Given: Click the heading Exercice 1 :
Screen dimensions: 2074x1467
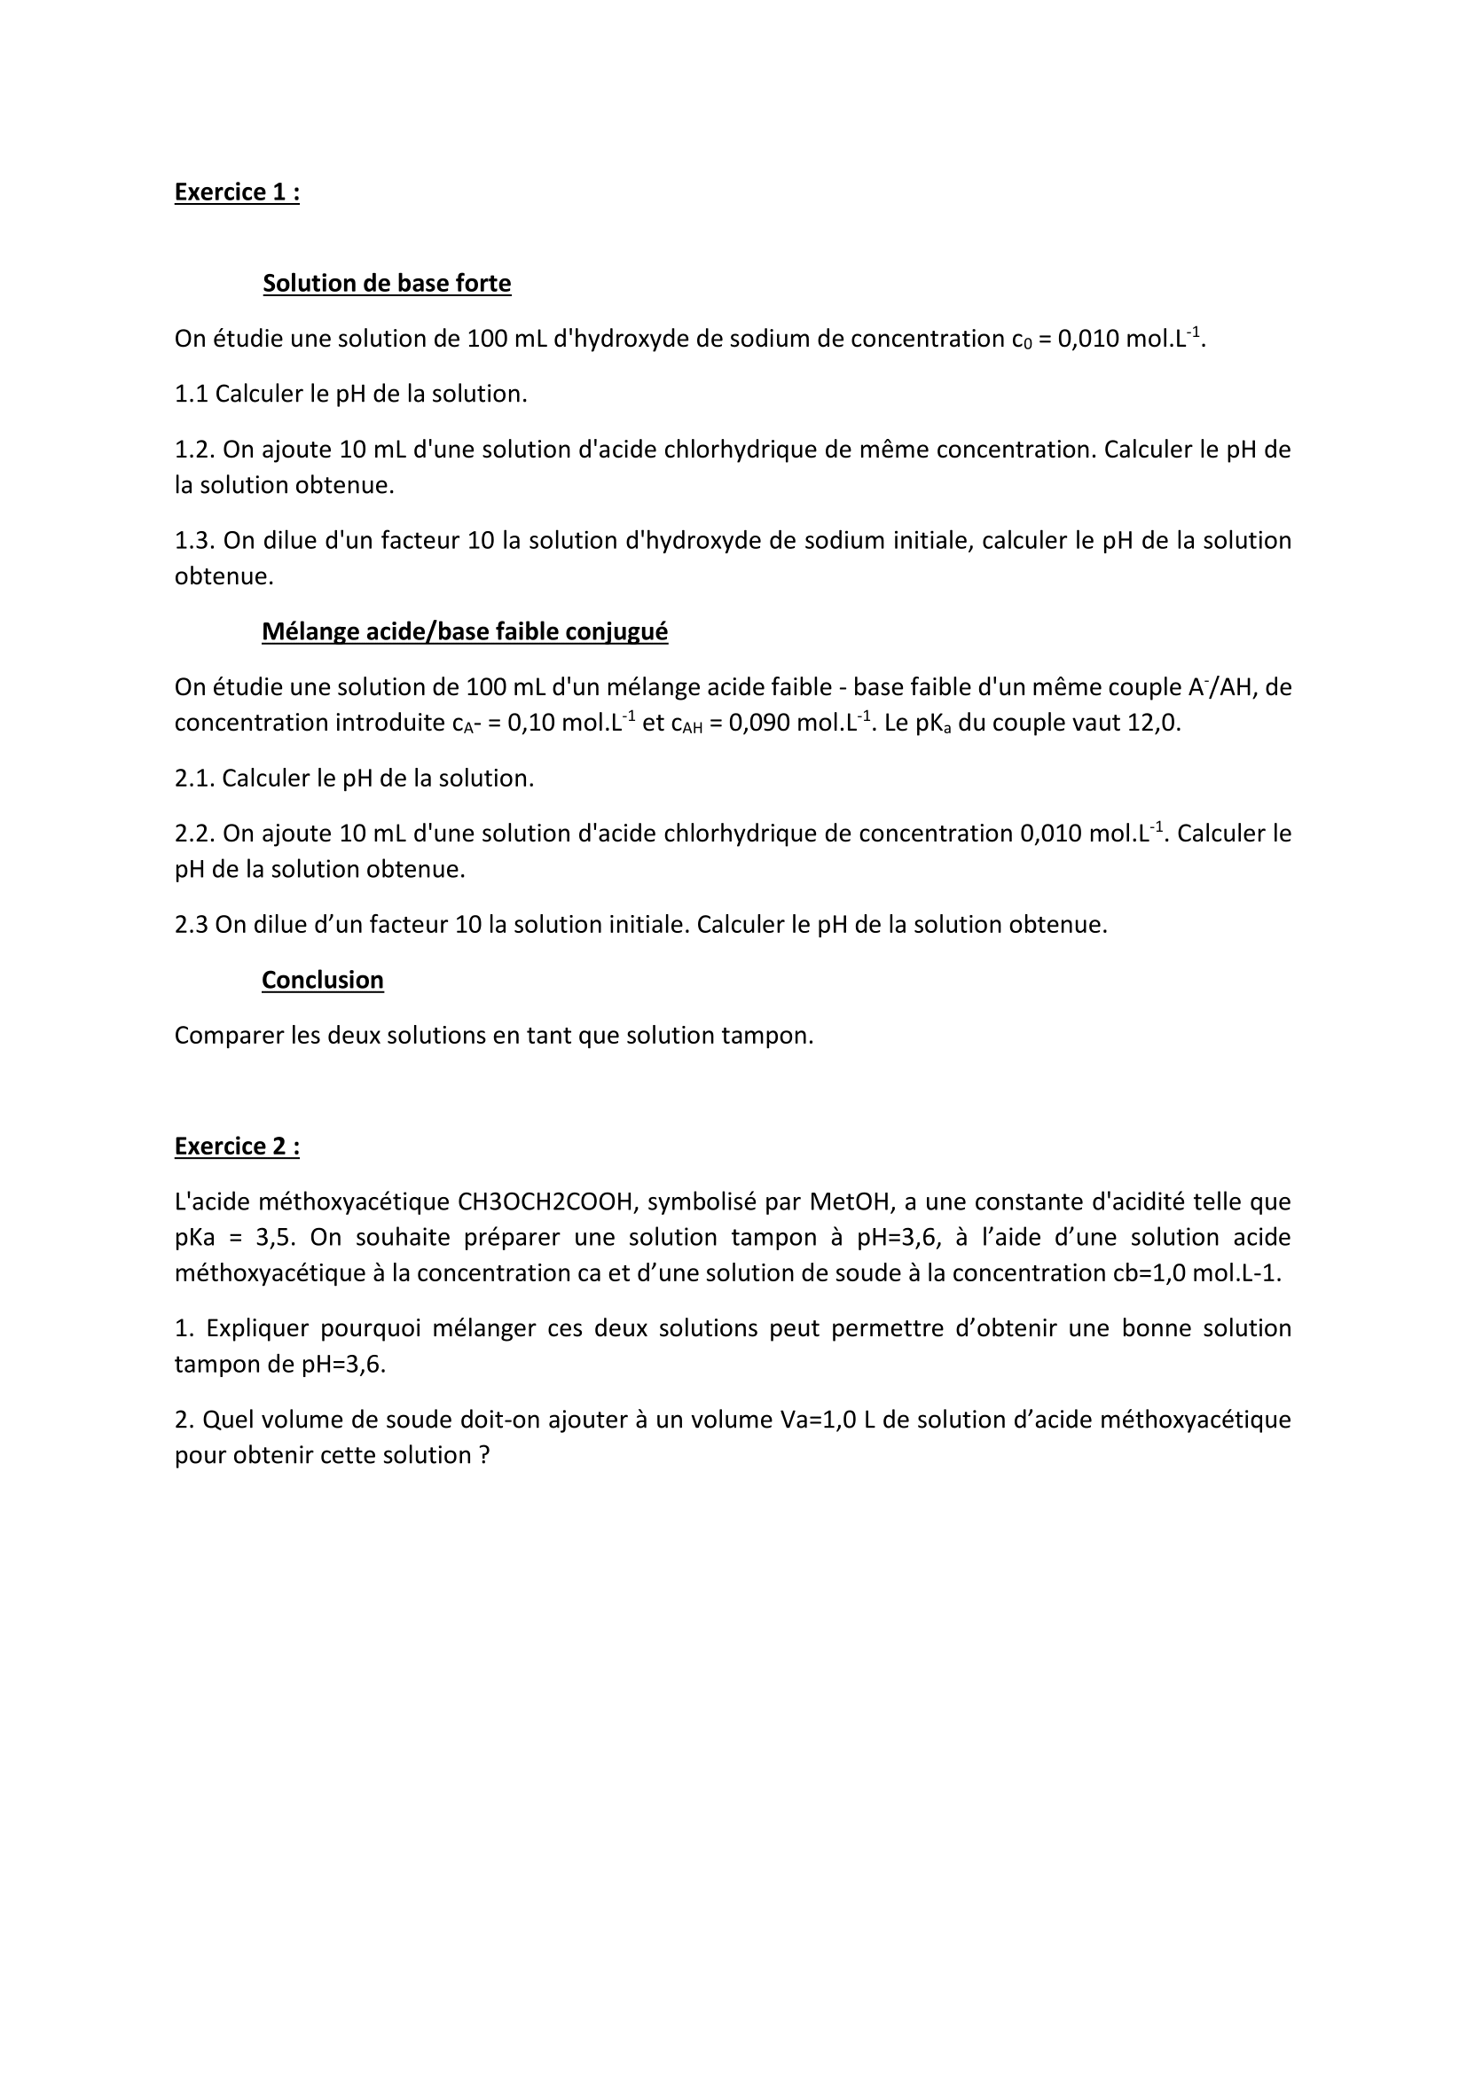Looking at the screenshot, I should pyautogui.click(x=237, y=192).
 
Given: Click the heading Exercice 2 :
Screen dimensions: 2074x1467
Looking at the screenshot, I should pyautogui.click(x=237, y=1147).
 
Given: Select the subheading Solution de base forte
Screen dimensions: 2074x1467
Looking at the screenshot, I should pyautogui.click(x=387, y=284).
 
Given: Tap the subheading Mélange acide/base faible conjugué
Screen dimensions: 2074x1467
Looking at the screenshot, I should pyautogui.click(x=464, y=631).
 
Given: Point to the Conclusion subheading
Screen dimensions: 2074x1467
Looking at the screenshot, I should pyautogui.click(x=323, y=980).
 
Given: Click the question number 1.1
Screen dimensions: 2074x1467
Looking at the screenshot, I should pyautogui.click(x=191, y=394).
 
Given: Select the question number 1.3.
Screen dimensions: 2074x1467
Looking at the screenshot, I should pyautogui.click(x=194, y=540).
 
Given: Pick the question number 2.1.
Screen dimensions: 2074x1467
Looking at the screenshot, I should pyautogui.click(x=194, y=779).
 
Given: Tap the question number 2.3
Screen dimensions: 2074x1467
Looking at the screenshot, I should pyautogui.click(x=191, y=925).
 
